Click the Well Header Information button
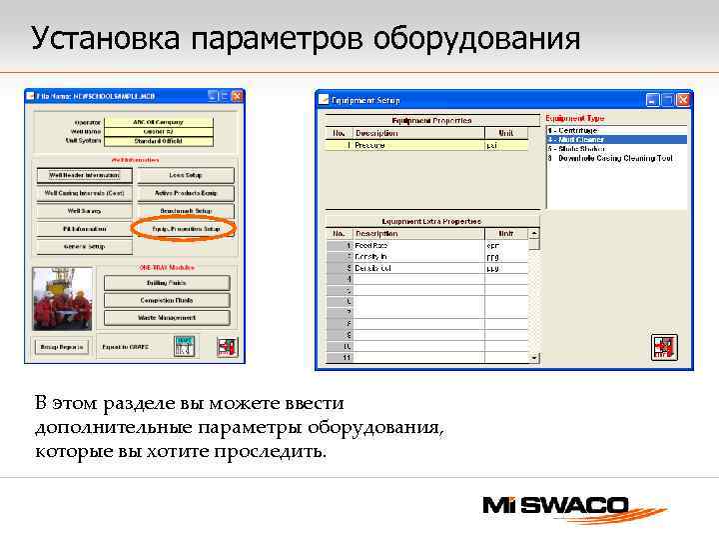click(x=84, y=174)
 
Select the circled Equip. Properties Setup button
click(x=184, y=229)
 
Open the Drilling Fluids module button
click(x=167, y=283)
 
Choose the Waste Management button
click(x=167, y=318)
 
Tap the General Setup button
click(x=84, y=246)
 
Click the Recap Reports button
click(x=62, y=348)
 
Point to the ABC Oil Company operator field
click(x=157, y=122)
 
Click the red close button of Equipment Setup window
click(x=683, y=99)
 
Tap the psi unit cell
click(x=505, y=145)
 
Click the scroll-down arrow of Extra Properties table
click(x=534, y=357)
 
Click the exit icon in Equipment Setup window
click(x=664, y=347)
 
